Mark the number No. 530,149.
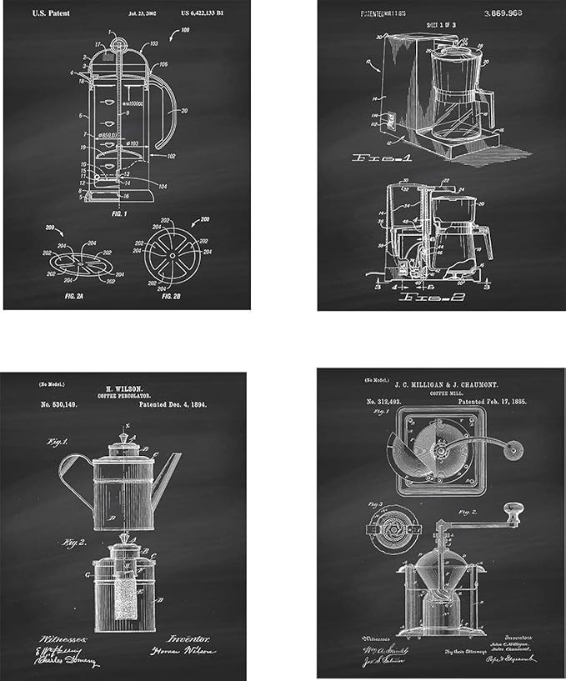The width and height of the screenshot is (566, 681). [x=58, y=405]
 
